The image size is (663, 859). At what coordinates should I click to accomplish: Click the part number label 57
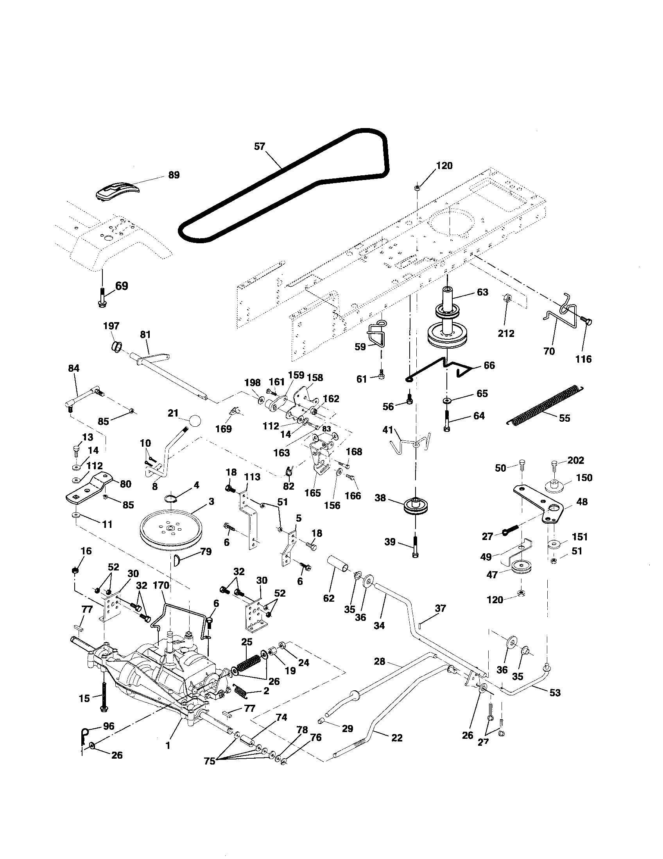click(x=260, y=146)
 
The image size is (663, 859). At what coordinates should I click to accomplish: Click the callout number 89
click(x=174, y=175)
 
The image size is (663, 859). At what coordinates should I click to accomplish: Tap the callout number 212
click(x=506, y=333)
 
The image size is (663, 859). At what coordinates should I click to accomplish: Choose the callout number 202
click(x=575, y=460)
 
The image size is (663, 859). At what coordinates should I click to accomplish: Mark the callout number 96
click(x=108, y=726)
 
